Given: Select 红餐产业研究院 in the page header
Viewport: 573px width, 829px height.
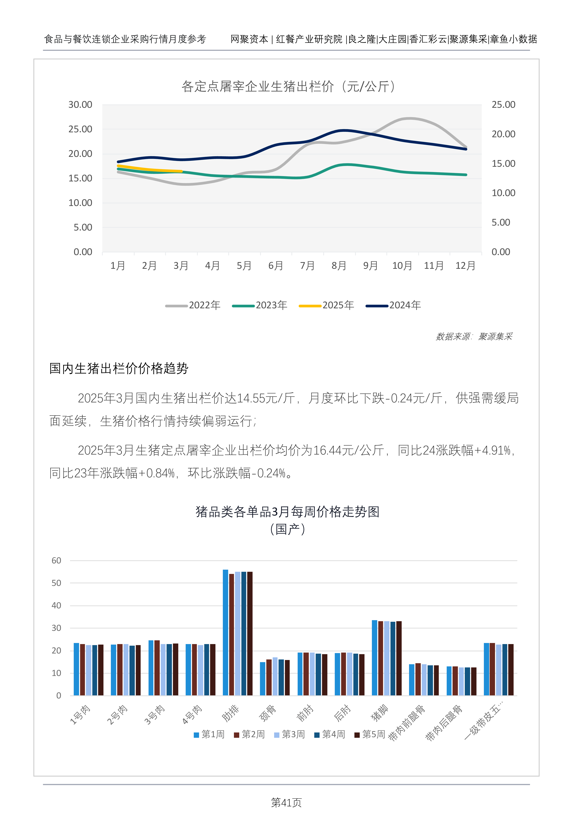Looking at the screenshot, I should (309, 39).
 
